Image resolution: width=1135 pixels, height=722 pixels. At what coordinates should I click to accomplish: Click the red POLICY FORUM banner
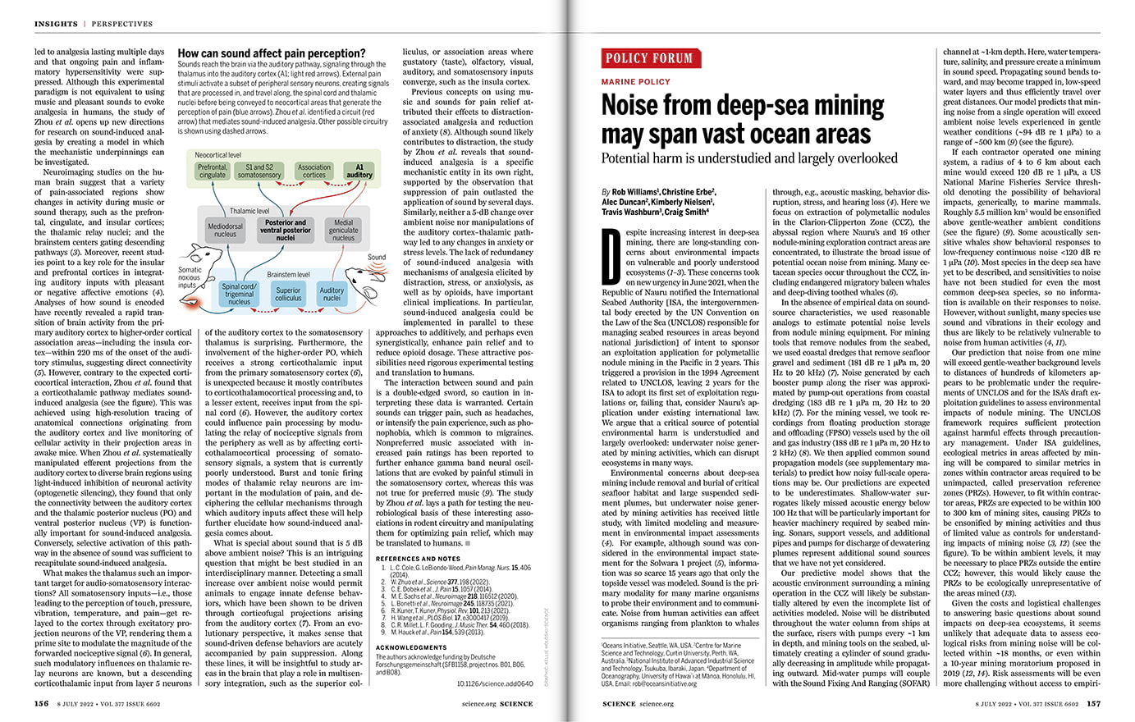click(x=649, y=58)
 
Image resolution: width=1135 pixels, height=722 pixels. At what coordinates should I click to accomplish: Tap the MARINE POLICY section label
click(x=634, y=82)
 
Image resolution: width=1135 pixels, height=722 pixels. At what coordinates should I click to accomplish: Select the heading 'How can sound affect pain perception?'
click(x=272, y=53)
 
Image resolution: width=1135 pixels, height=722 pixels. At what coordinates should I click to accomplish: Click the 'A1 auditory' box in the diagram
click(x=359, y=171)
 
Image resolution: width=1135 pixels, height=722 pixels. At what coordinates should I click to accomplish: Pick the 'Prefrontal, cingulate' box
click(x=213, y=171)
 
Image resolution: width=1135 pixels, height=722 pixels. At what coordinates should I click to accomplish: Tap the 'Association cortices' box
click(x=313, y=171)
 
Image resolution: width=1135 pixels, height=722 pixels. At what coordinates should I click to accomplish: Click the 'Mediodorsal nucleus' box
click(x=226, y=230)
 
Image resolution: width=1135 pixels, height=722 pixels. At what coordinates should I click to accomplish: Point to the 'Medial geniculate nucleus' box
click(x=343, y=230)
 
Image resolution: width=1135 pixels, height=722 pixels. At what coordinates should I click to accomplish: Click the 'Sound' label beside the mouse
click(x=377, y=257)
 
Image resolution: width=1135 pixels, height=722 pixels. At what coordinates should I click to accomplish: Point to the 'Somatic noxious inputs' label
click(x=190, y=277)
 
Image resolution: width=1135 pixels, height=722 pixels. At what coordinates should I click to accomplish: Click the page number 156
click(x=41, y=703)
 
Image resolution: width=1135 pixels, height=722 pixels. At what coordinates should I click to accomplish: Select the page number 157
click(x=1094, y=703)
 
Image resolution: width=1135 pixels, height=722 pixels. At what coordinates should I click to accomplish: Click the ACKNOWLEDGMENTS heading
click(x=412, y=647)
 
